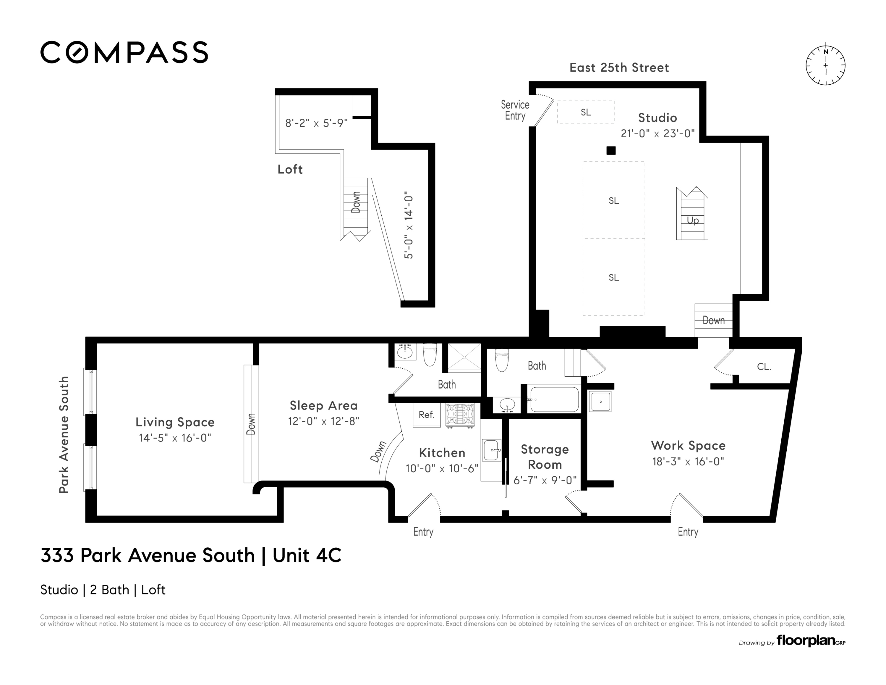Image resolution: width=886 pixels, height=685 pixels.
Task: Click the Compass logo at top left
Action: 124,52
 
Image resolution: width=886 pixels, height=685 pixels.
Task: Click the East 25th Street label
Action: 619,67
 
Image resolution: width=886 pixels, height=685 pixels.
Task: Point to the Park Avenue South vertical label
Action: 64,434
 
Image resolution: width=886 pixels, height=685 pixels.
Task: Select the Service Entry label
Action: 515,110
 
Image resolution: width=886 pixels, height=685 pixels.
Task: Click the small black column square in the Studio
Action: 611,151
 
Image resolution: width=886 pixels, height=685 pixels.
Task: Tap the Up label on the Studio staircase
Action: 692,220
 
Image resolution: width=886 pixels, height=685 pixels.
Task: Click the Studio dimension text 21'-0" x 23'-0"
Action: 657,133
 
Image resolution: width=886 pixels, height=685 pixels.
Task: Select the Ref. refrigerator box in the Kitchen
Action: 426,415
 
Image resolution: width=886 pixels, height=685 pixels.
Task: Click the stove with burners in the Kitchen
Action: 460,415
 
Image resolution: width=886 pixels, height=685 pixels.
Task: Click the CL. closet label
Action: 764,367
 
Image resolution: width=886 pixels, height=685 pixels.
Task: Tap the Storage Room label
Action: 545,457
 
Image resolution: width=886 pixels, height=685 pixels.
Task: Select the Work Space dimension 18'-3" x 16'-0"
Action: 688,462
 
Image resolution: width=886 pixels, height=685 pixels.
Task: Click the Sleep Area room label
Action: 323,405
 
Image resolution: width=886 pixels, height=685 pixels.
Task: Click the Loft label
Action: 290,169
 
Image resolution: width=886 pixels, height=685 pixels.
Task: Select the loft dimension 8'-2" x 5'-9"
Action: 316,123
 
